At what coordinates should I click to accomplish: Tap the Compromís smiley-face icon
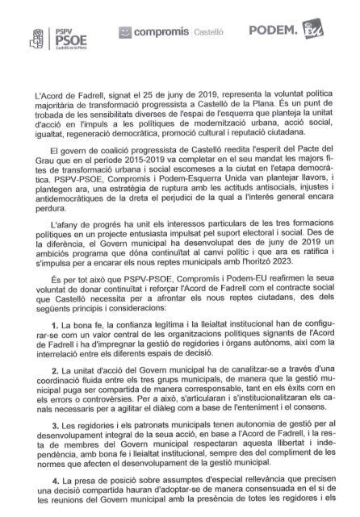coord(124,32)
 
